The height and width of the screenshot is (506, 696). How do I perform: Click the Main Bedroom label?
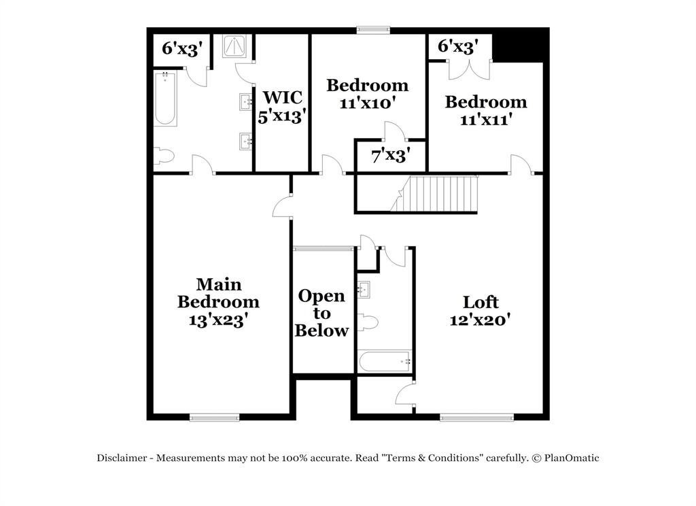(218, 301)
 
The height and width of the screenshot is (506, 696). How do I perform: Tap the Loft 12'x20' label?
(480, 310)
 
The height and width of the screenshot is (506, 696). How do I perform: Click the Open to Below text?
(322, 314)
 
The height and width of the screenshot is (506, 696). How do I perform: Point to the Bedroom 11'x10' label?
(367, 94)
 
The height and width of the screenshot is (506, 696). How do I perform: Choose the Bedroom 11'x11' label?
(485, 110)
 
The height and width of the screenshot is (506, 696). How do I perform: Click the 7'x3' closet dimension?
(389, 156)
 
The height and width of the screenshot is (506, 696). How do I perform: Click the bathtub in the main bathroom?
(165, 99)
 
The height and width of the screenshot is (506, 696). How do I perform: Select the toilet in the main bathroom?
(164, 156)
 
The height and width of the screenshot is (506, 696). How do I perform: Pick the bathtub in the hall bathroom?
(385, 360)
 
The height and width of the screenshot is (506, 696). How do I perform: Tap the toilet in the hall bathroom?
(367, 322)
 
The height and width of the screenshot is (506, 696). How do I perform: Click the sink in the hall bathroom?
(364, 289)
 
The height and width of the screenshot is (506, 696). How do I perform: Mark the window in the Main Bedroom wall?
(214, 417)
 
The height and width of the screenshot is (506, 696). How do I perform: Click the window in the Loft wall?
(476, 417)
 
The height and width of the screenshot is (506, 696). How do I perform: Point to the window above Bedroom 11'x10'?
(375, 29)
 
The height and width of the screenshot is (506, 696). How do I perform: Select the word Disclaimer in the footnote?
(121, 458)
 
